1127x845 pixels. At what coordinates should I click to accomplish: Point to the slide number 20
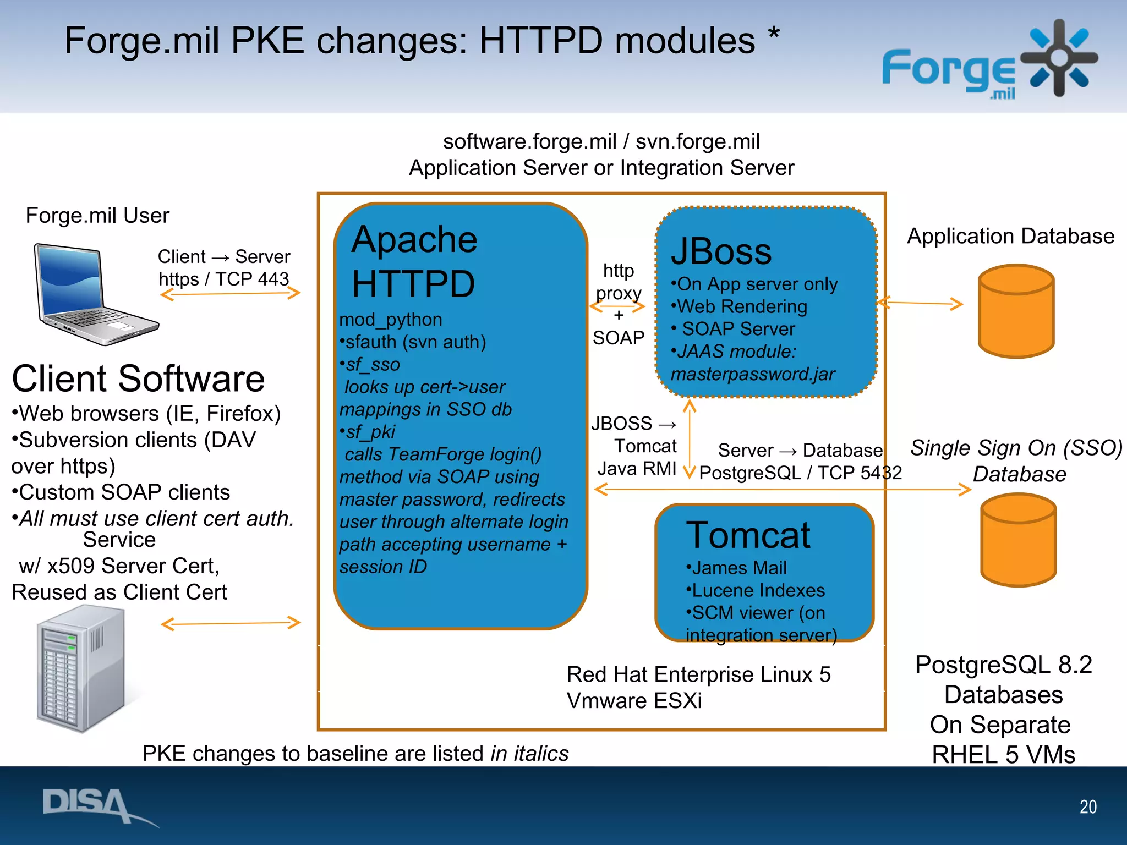click(x=1087, y=806)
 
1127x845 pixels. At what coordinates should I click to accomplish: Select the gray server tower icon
click(x=83, y=668)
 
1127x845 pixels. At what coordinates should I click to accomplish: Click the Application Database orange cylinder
click(x=1016, y=311)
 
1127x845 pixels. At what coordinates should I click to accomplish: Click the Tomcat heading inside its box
click(x=748, y=535)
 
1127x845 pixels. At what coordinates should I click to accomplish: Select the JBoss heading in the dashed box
click(x=721, y=251)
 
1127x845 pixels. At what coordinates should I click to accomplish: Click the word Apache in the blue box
click(x=414, y=239)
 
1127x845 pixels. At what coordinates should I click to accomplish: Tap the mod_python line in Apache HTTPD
click(x=390, y=320)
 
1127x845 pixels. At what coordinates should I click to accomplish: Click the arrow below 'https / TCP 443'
click(x=230, y=294)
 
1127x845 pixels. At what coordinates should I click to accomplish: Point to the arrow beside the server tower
click(x=230, y=623)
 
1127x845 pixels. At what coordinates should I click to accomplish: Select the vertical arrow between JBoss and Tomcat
click(x=690, y=439)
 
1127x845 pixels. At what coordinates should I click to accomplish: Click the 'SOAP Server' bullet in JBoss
click(x=737, y=329)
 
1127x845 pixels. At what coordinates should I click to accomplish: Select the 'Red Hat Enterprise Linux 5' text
click(x=698, y=674)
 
